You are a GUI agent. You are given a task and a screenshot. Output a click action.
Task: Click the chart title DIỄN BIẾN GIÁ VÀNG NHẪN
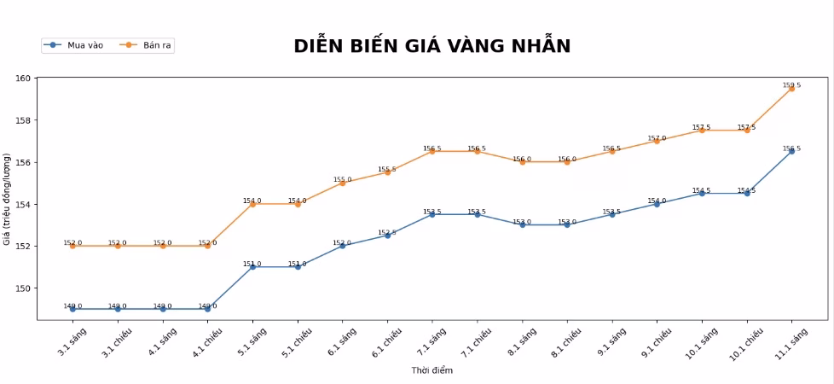(x=431, y=46)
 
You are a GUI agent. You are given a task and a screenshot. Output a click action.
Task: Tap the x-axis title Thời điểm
(x=431, y=370)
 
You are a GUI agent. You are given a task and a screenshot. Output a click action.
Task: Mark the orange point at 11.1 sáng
(x=792, y=89)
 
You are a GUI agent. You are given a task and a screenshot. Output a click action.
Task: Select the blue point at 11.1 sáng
(x=792, y=151)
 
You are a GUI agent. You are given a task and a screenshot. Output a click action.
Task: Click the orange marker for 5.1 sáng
(x=252, y=204)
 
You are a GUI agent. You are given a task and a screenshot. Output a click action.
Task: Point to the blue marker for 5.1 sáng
(x=252, y=267)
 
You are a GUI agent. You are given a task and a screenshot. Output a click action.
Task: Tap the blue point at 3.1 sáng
(x=72, y=309)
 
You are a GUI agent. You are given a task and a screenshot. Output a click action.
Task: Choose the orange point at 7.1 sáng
(x=432, y=151)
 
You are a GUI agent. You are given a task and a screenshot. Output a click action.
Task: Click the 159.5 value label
(x=791, y=85)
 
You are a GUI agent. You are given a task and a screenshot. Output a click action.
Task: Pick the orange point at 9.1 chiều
(x=657, y=141)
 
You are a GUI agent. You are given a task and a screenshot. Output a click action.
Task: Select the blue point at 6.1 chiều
(x=387, y=236)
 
